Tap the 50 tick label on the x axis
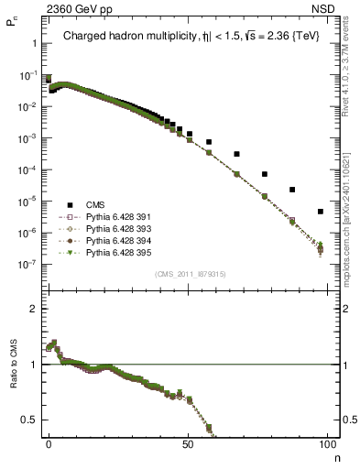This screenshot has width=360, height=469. [x=187, y=444]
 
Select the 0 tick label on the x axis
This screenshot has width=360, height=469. [x=49, y=444]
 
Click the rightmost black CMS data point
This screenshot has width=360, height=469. [x=321, y=212]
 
